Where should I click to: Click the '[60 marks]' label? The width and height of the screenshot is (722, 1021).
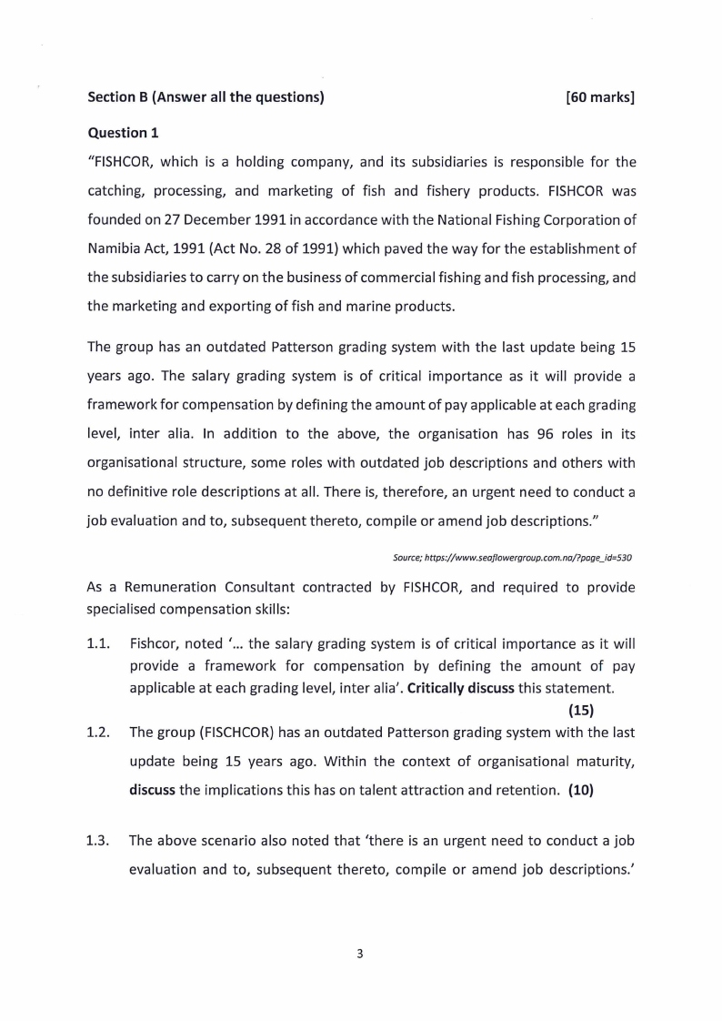599,97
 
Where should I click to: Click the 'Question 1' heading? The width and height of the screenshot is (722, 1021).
123,133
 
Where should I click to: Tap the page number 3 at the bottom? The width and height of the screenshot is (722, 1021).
361,954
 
